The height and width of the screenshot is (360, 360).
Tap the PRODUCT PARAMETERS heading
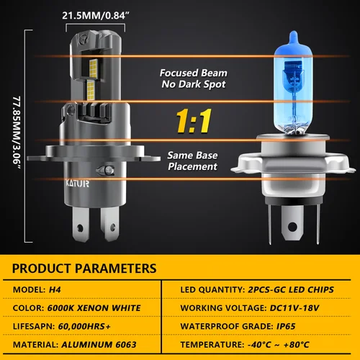coord(84,269)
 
